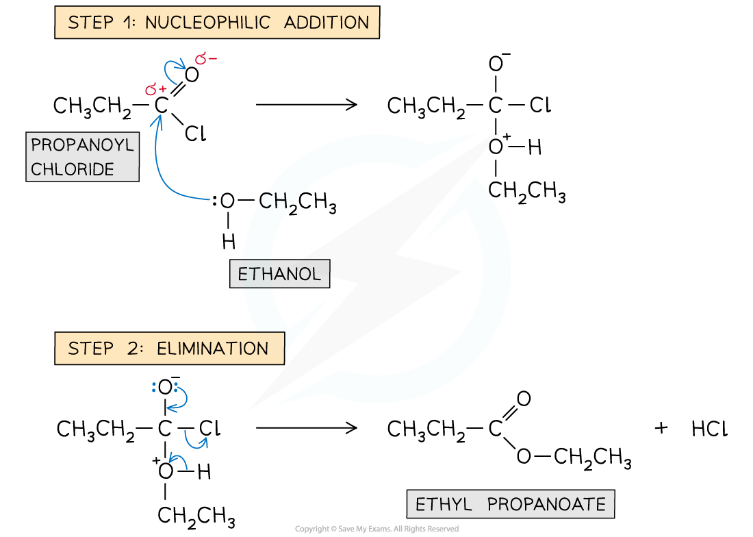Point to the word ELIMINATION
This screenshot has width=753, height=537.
[212, 349]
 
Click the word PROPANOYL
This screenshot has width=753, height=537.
[82, 145]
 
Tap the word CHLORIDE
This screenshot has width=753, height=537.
[73, 169]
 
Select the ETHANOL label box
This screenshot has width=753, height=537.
[279, 274]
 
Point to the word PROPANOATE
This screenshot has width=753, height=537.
[546, 505]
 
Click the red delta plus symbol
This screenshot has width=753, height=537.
[156, 89]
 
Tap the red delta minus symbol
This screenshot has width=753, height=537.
[206, 60]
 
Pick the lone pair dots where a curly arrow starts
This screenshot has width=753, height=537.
[176, 387]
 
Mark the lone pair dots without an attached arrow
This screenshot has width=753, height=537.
[154, 388]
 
